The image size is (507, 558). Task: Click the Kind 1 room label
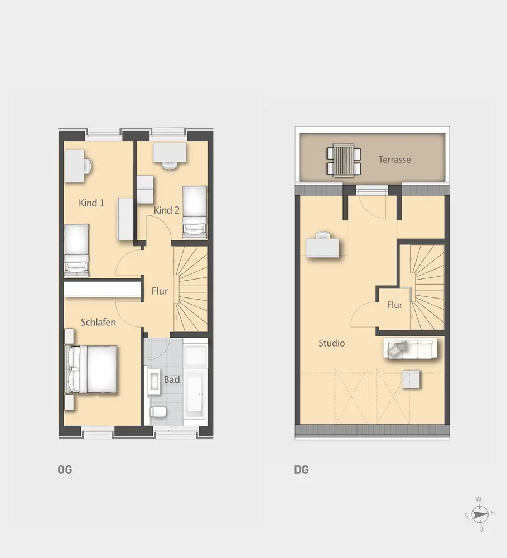click(x=91, y=203)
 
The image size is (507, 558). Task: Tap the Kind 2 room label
click(x=167, y=210)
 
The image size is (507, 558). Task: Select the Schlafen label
click(x=98, y=323)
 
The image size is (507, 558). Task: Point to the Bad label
click(x=171, y=379)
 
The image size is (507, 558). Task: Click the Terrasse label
click(x=394, y=160)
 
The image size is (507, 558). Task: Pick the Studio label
click(x=332, y=343)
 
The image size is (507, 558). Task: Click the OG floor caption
click(x=65, y=470)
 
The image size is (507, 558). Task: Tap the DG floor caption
click(x=301, y=470)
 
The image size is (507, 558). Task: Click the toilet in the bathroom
click(x=158, y=412)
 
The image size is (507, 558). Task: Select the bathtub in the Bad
click(x=195, y=395)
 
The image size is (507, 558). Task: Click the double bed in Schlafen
click(x=91, y=369)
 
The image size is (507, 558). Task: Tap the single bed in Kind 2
click(x=195, y=212)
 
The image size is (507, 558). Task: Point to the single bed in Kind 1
click(x=76, y=250)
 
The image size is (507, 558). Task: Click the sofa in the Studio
click(x=410, y=348)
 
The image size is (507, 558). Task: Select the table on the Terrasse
click(x=344, y=160)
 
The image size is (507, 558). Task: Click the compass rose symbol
click(x=480, y=514)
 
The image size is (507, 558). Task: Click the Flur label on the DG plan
click(x=394, y=305)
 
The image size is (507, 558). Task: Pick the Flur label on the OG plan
click(x=160, y=291)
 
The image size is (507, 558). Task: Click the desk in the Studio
click(x=322, y=247)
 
